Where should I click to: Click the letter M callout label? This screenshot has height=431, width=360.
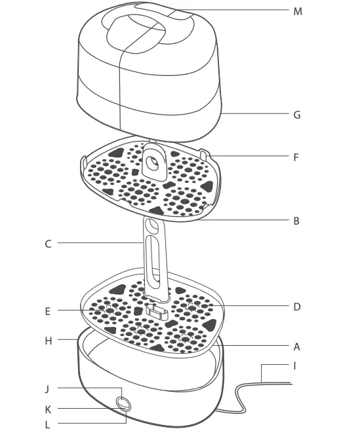(297, 10)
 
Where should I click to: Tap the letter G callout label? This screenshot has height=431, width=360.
(297, 114)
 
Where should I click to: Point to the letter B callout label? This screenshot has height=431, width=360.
(297, 221)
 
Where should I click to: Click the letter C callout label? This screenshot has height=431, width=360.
(48, 244)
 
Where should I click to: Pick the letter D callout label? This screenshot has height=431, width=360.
(297, 307)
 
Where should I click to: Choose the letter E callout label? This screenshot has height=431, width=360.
(48, 311)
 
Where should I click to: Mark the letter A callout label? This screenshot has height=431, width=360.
(297, 347)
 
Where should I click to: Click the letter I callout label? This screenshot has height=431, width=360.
(294, 365)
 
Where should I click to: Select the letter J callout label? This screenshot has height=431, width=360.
(48, 388)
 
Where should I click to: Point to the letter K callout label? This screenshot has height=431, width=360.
(48, 409)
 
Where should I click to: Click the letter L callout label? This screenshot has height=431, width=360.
(48, 424)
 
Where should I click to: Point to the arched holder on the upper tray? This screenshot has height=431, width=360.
(156, 160)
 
